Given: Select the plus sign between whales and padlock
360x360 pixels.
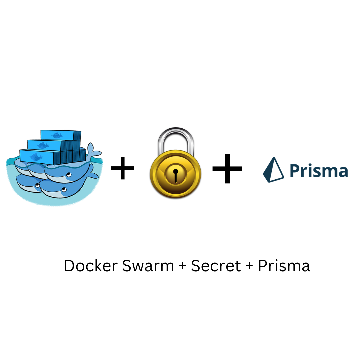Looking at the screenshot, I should (x=123, y=169).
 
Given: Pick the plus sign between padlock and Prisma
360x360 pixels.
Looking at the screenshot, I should (x=227, y=169).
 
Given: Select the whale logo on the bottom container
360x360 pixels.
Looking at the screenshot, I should (x=35, y=157).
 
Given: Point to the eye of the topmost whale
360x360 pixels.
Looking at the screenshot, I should (x=68, y=175).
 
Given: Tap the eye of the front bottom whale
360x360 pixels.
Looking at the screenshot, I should (x=63, y=189).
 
